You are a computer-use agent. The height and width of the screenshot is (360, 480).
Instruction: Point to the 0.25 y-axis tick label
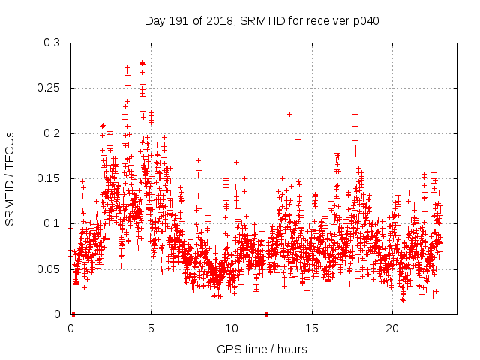pyautogui.click(x=49, y=88)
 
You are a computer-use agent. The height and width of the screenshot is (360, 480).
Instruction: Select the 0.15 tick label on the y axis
pyautogui.click(x=49, y=178)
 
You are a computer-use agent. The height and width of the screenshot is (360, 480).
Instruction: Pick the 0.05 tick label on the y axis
pyautogui.click(x=49, y=268)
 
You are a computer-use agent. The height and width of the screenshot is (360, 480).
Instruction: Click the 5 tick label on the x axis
pyautogui.click(x=151, y=328)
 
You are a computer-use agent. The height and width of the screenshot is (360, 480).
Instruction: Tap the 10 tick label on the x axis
pyautogui.click(x=232, y=328)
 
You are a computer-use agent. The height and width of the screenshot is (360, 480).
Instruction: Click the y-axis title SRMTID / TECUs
pyautogui.click(x=10, y=178)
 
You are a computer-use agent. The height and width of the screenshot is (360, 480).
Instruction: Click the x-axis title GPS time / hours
pyautogui.click(x=262, y=349)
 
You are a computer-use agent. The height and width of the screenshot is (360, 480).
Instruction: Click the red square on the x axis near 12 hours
pyautogui.click(x=266, y=314)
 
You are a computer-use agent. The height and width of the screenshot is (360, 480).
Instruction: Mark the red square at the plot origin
pyautogui.click(x=73, y=314)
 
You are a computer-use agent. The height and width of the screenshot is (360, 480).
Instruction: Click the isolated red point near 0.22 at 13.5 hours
pyautogui.click(x=289, y=114)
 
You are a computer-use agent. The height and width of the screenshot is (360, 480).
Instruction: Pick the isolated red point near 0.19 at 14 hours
pyautogui.click(x=298, y=139)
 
